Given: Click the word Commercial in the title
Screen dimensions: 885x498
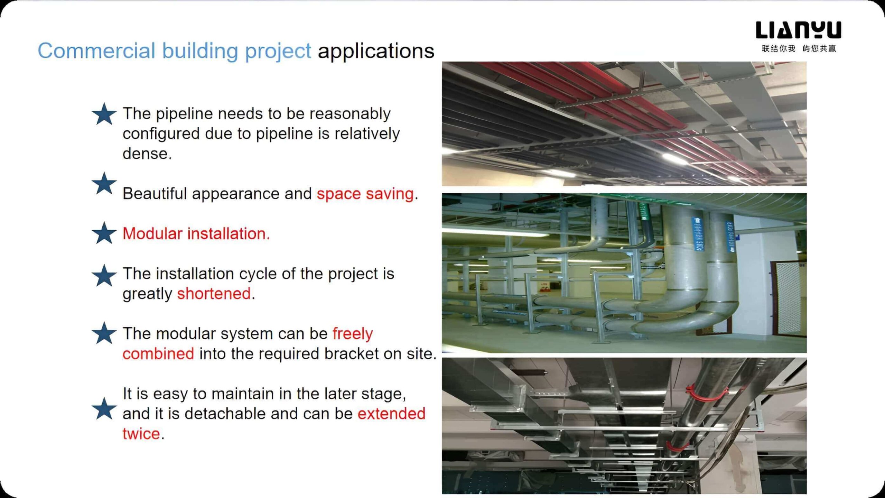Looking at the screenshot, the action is [x=96, y=51].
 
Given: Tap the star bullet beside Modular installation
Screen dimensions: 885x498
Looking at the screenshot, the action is [x=104, y=233].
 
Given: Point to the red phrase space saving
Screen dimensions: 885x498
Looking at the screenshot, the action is [x=365, y=194].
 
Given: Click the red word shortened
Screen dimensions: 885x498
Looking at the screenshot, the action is [x=214, y=294].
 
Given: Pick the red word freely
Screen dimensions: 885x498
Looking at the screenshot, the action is [x=353, y=334].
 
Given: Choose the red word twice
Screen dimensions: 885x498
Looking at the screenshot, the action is [x=141, y=434].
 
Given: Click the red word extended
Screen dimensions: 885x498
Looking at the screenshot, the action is [x=391, y=414].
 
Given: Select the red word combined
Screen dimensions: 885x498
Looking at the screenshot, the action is [x=158, y=354].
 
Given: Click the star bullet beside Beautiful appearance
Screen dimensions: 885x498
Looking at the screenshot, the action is [x=104, y=183].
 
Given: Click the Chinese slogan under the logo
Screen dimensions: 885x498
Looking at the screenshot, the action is [x=799, y=48].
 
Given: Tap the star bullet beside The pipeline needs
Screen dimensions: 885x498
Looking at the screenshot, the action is [x=104, y=114].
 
